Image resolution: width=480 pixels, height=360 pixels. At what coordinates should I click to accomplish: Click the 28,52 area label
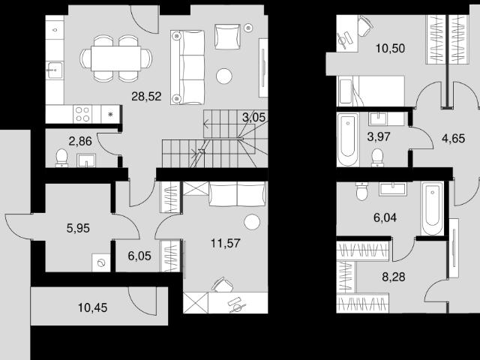(146, 97)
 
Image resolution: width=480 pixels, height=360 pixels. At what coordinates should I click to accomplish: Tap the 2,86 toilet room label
(80, 141)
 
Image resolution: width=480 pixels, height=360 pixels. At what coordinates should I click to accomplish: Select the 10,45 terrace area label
(92, 307)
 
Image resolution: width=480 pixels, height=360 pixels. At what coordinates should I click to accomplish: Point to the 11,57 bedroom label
(226, 243)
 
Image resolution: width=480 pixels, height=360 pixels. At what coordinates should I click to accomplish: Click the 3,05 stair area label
(253, 117)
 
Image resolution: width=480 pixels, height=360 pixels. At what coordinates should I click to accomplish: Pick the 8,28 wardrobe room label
(394, 277)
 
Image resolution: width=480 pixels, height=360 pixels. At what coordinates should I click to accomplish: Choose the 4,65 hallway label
(453, 138)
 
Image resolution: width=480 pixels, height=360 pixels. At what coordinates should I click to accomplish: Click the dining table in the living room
(115, 58)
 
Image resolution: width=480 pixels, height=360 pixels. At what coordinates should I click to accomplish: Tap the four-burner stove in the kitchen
(82, 114)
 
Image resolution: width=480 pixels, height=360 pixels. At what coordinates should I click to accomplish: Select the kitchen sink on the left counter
(55, 70)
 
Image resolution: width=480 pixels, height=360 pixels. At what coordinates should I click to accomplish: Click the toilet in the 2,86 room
(61, 158)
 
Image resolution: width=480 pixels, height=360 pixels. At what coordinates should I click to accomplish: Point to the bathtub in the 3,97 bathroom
(348, 139)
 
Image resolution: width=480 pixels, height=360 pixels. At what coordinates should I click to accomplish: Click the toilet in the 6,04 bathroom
(361, 191)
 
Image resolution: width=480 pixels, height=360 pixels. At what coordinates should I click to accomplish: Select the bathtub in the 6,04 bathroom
(432, 208)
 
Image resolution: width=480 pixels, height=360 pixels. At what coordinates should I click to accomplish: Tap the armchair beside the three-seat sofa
(227, 37)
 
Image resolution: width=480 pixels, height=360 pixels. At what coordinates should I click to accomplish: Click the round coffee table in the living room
(224, 76)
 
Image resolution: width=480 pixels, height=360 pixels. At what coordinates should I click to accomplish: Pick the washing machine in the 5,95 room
(101, 262)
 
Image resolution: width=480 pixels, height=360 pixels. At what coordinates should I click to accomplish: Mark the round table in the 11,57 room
(252, 223)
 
